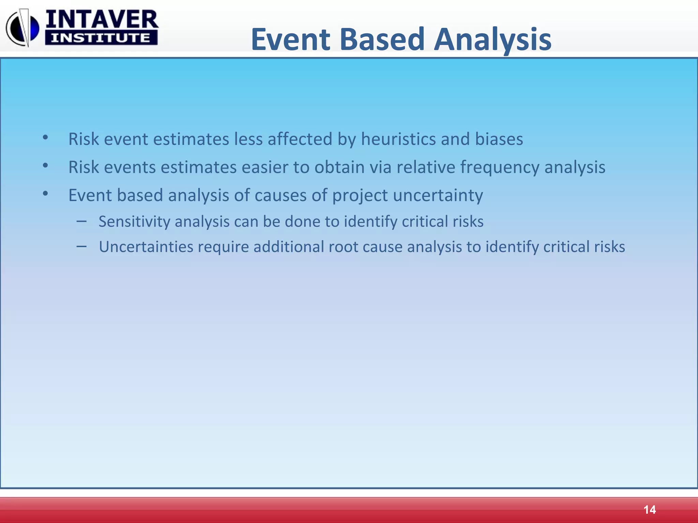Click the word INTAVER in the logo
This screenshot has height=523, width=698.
tap(102, 19)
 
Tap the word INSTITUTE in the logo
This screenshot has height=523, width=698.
tap(101, 38)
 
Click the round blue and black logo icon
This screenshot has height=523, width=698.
tap(22, 28)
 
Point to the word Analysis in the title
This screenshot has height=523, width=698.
tap(492, 40)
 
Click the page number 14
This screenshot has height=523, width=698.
tap(649, 510)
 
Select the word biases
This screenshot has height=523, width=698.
tap(499, 139)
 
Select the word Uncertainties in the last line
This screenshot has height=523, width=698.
tap(146, 247)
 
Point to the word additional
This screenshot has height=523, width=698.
tap(288, 247)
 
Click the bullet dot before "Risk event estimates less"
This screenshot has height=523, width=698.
tap(45, 138)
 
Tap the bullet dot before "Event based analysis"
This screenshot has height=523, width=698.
tap(45, 194)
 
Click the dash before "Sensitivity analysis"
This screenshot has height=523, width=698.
tap(81, 221)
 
